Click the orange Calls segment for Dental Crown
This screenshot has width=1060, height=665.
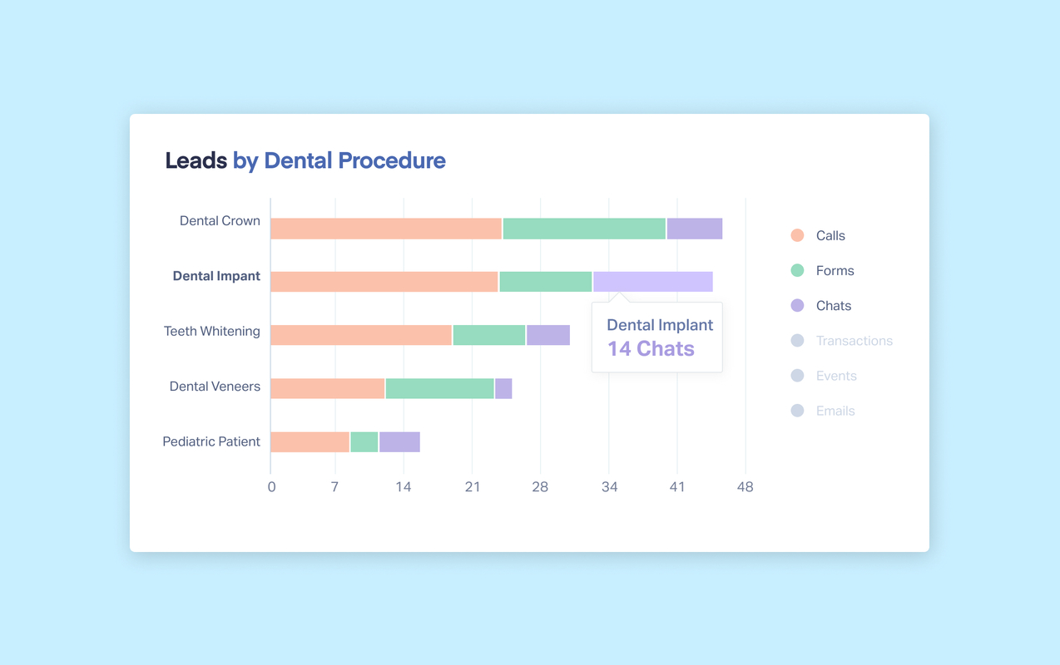pyautogui.click(x=386, y=229)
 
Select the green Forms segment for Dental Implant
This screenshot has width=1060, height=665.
pyautogui.click(x=545, y=282)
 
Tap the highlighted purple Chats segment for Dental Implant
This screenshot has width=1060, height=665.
pyautogui.click(x=652, y=282)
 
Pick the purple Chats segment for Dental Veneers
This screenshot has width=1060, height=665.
pyautogui.click(x=503, y=388)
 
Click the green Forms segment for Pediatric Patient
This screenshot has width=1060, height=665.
pyautogui.click(x=364, y=442)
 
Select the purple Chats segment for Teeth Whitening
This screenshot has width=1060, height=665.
pyautogui.click(x=548, y=335)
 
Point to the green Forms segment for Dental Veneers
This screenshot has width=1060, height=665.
pyautogui.click(x=439, y=388)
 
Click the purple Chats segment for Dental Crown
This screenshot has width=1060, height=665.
pyautogui.click(x=694, y=229)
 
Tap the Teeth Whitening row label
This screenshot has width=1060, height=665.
pyautogui.click(x=212, y=331)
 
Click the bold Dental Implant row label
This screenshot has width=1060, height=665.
pyautogui.click(x=216, y=276)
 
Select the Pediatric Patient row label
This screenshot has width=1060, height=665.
pyautogui.click(x=211, y=441)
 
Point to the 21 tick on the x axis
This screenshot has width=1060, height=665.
pyautogui.click(x=472, y=487)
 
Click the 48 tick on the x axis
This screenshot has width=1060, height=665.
pyautogui.click(x=745, y=487)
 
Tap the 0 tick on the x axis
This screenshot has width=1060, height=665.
pyautogui.click(x=271, y=487)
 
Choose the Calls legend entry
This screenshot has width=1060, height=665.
pyautogui.click(x=830, y=236)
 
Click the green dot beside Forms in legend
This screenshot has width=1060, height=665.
pyautogui.click(x=797, y=270)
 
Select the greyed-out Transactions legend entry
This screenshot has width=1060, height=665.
pyautogui.click(x=854, y=341)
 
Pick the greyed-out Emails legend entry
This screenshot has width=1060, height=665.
pyautogui.click(x=835, y=411)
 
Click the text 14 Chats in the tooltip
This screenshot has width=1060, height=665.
pyautogui.click(x=651, y=349)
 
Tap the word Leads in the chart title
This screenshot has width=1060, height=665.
pyautogui.click(x=196, y=160)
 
